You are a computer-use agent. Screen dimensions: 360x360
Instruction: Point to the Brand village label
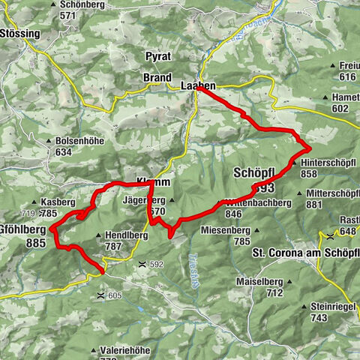[x=157, y=78]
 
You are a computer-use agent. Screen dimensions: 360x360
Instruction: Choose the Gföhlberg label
[x=22, y=229]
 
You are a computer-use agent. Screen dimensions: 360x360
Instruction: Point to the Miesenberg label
[x=229, y=229]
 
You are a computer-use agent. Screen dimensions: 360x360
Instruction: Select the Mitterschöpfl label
[x=333, y=193]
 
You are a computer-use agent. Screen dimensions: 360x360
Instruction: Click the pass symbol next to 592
[x=142, y=264]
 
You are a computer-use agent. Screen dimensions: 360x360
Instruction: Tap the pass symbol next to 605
[x=100, y=296]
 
